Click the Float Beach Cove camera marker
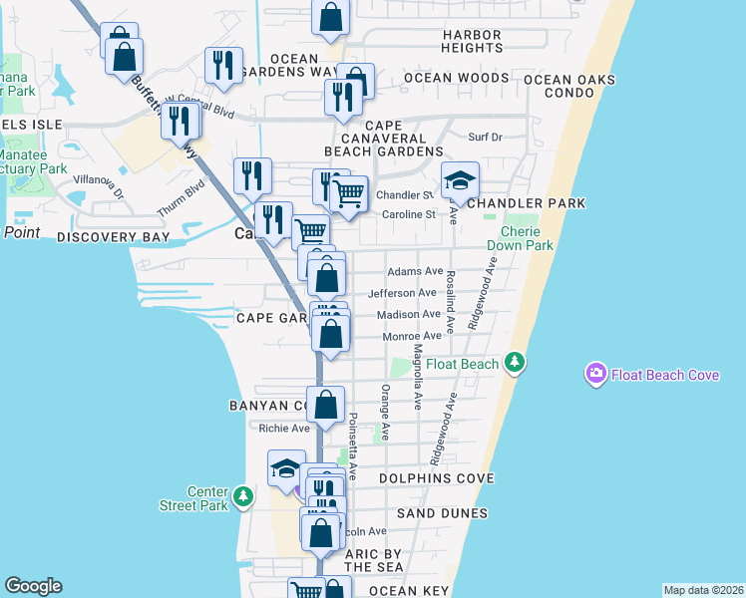click(x=595, y=374)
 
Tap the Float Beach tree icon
click(x=515, y=363)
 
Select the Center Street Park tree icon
click(x=242, y=497)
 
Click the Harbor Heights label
click(x=472, y=41)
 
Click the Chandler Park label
click(x=526, y=203)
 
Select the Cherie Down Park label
click(x=520, y=238)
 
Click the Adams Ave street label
click(x=415, y=271)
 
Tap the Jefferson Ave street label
click(x=403, y=293)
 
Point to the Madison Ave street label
click(x=409, y=315)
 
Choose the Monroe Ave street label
click(x=412, y=337)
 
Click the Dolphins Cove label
click(x=437, y=478)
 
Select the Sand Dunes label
click(x=442, y=513)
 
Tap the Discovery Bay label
click(x=109, y=237)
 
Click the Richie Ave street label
click(x=284, y=429)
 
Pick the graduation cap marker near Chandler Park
click(x=460, y=180)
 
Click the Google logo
click(x=33, y=586)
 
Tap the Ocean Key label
click(x=410, y=591)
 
